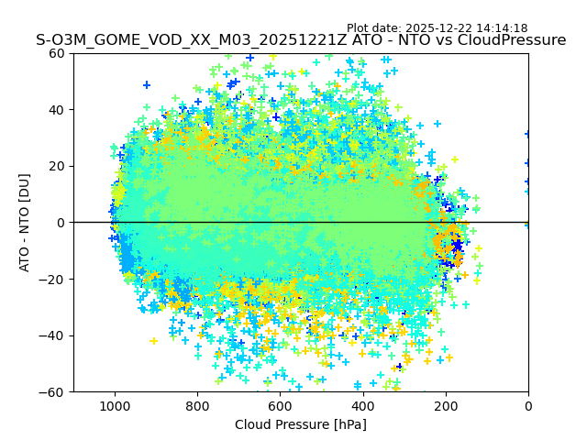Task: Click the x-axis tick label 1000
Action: (x=115, y=405)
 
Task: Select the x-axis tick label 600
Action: (x=280, y=405)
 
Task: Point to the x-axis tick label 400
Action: (x=362, y=405)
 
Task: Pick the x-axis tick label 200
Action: (x=446, y=405)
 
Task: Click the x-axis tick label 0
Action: (x=528, y=405)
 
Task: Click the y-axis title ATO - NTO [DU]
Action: (x=26, y=223)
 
